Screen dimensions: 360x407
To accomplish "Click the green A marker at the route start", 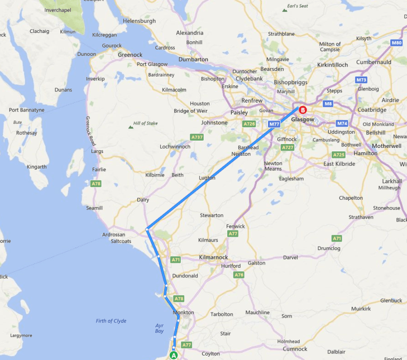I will tap(173, 354).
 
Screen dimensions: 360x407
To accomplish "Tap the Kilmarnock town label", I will tap(213, 257).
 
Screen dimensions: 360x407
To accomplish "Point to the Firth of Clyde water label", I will tap(111, 321).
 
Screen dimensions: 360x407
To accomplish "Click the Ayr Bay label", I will tap(160, 328).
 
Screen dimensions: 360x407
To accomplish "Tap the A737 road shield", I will tap(197, 137).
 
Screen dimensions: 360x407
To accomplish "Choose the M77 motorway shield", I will tap(274, 124).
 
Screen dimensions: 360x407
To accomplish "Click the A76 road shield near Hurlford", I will tap(239, 275).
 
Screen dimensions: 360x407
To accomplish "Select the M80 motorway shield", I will tap(396, 43).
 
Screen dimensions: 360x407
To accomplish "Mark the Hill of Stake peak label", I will tap(146, 123).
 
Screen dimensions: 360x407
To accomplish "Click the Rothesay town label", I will tap(26, 133).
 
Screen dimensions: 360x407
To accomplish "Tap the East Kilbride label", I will tap(340, 164).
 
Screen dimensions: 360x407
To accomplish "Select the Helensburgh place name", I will tap(139, 21).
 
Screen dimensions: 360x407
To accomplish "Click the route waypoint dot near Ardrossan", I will tap(147, 229).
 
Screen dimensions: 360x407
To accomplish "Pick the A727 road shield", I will tap(288, 147).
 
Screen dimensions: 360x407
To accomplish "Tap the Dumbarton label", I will tap(193, 59).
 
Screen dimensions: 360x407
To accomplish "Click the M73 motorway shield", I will tap(361, 80).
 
